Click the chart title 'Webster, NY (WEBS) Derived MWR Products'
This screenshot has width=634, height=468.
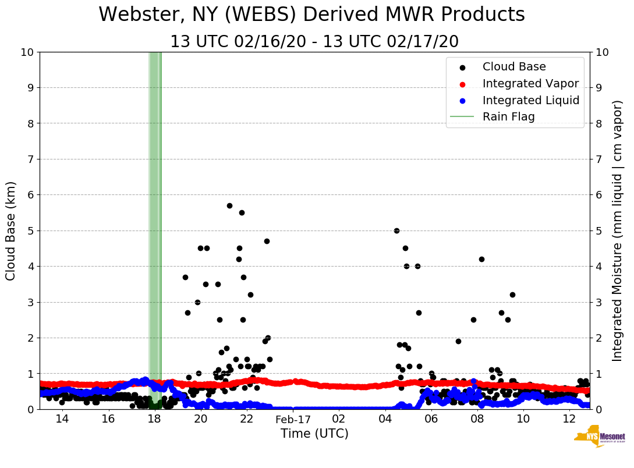click(311, 15)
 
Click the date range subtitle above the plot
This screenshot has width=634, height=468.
click(314, 42)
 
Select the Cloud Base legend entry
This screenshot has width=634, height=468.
click(514, 67)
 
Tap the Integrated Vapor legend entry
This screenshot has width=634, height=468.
click(530, 83)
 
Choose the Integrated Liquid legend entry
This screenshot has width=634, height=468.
click(530, 100)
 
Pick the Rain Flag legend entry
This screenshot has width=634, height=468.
click(508, 116)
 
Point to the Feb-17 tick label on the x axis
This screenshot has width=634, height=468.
click(293, 419)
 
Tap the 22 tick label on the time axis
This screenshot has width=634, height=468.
click(246, 419)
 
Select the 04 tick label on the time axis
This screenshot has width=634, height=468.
click(385, 419)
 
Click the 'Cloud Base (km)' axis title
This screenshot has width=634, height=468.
click(11, 231)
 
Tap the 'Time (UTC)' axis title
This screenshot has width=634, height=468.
click(314, 434)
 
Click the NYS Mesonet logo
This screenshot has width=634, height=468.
click(599, 439)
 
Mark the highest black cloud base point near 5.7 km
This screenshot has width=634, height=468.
click(229, 205)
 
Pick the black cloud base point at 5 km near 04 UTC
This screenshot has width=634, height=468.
click(396, 231)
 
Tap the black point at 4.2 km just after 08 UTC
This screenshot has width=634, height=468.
click(481, 259)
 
